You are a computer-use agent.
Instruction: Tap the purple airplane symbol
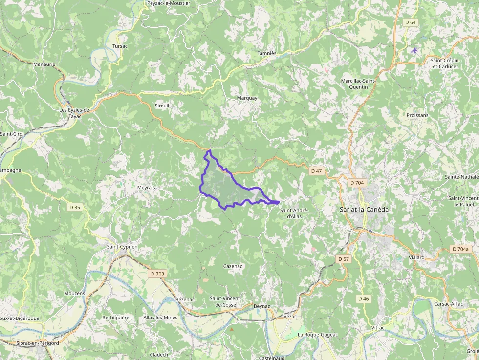click(415, 50)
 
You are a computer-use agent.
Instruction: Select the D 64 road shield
click(410, 22)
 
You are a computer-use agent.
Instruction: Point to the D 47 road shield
click(316, 171)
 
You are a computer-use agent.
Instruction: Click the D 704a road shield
click(460, 249)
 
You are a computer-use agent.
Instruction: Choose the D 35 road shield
click(74, 207)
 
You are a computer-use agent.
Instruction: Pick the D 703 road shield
click(157, 274)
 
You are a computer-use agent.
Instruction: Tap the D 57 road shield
click(343, 259)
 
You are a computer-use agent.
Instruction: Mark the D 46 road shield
click(363, 298)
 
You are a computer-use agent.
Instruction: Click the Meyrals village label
click(146, 188)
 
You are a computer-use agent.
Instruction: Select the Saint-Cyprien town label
click(122, 247)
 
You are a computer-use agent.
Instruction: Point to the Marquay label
click(247, 98)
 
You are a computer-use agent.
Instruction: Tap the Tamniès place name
click(267, 53)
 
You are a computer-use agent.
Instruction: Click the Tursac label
click(120, 46)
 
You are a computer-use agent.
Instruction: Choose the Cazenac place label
click(233, 266)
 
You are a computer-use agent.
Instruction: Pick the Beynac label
click(262, 306)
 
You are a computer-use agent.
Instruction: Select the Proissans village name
click(417, 116)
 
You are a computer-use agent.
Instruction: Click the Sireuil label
click(161, 106)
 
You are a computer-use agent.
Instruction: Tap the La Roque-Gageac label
click(318, 335)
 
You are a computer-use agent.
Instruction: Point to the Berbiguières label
click(117, 318)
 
